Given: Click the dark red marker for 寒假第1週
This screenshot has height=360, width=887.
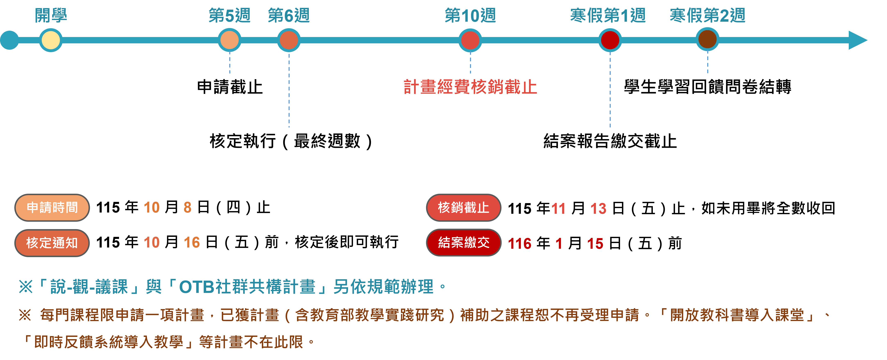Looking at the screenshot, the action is tap(610, 40).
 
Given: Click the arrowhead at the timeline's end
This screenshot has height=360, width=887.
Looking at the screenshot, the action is tap(857, 40).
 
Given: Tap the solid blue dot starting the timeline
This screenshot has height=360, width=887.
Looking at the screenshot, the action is tap(9, 40).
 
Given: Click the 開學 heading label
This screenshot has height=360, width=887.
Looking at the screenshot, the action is tap(51, 16).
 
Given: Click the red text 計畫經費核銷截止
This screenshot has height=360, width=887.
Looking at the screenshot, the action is tap(470, 87).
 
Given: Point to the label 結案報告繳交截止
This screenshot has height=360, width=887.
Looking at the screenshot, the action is tap(610, 141).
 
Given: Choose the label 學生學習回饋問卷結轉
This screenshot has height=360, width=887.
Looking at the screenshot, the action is tap(708, 87).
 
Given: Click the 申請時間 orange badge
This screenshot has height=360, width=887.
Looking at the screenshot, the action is tap(52, 207).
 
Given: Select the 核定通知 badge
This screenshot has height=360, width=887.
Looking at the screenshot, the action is tap(52, 243).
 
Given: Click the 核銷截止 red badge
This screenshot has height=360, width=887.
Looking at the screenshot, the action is tap(463, 207).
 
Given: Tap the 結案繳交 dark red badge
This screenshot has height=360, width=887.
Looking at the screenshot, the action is tap(463, 243).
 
